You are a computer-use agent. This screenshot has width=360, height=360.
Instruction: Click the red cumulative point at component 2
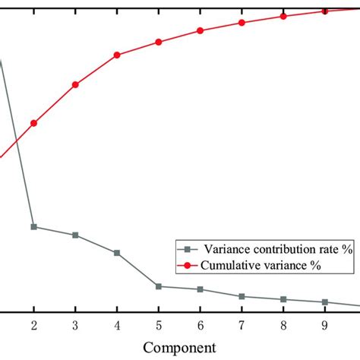(x=33, y=123)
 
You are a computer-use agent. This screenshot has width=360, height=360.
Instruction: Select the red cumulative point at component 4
(x=117, y=55)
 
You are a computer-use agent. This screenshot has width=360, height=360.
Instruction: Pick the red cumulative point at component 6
(x=200, y=30)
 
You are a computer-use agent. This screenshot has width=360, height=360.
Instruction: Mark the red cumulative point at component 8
(x=283, y=15)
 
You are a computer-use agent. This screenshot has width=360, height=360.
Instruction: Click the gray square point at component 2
(x=33, y=227)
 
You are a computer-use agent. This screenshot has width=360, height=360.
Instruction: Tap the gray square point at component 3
(x=75, y=235)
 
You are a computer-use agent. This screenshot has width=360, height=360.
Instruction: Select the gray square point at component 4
(x=117, y=253)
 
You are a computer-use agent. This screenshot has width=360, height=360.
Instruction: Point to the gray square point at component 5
(x=158, y=286)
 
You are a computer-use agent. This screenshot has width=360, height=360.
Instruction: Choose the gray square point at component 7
(x=242, y=296)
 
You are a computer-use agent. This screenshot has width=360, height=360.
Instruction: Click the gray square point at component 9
(x=324, y=302)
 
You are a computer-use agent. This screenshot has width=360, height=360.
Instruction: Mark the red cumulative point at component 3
(x=75, y=84)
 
